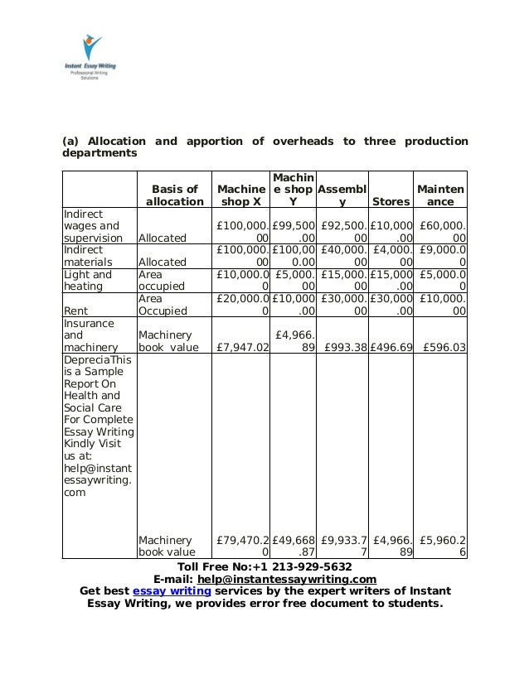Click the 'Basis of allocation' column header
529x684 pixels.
click(x=174, y=195)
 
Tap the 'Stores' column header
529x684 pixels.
click(x=391, y=201)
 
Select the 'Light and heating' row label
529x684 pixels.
click(x=88, y=280)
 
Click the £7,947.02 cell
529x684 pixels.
click(x=242, y=348)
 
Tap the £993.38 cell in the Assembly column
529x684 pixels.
click(x=344, y=348)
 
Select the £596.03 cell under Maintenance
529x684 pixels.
click(x=443, y=348)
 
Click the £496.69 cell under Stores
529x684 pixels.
click(x=391, y=348)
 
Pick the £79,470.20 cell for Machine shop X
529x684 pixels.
click(x=242, y=546)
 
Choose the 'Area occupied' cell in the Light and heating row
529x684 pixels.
click(x=163, y=280)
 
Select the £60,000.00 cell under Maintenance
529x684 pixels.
click(x=443, y=231)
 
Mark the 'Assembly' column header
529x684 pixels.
click(x=342, y=195)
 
